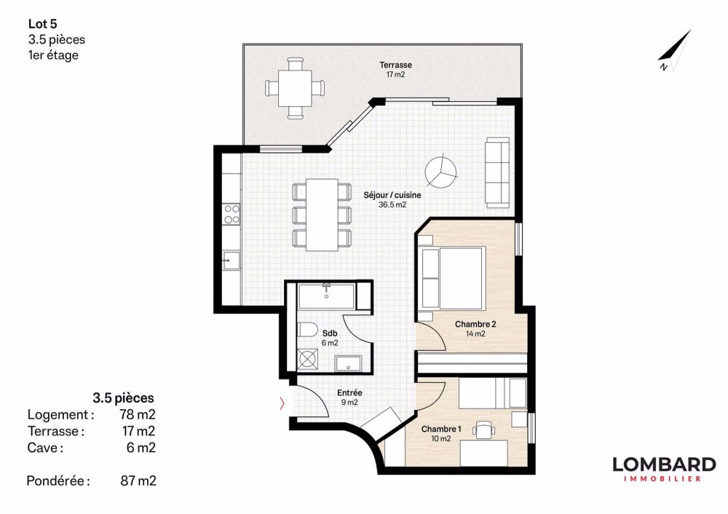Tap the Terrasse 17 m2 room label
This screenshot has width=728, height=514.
pyautogui.click(x=400, y=69)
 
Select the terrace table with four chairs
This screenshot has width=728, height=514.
pyautogui.click(x=295, y=88)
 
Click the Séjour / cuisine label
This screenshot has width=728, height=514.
pyautogui.click(x=392, y=199)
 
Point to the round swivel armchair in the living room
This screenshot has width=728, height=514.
pyautogui.click(x=440, y=170)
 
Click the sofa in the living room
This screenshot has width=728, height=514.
pyautogui.click(x=498, y=170)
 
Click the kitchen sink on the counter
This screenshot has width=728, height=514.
pyautogui.click(x=231, y=259)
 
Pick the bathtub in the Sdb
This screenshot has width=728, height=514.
pyautogui.click(x=326, y=297)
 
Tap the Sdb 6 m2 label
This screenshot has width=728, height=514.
pyautogui.click(x=329, y=338)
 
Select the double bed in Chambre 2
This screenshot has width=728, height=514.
pyautogui.click(x=453, y=277)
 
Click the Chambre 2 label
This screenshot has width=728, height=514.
pyautogui.click(x=475, y=328)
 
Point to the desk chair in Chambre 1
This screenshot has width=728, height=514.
pyautogui.click(x=483, y=431)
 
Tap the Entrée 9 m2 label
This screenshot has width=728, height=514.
pyautogui.click(x=349, y=397)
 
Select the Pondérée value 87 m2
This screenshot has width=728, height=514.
pyautogui.click(x=138, y=481)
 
